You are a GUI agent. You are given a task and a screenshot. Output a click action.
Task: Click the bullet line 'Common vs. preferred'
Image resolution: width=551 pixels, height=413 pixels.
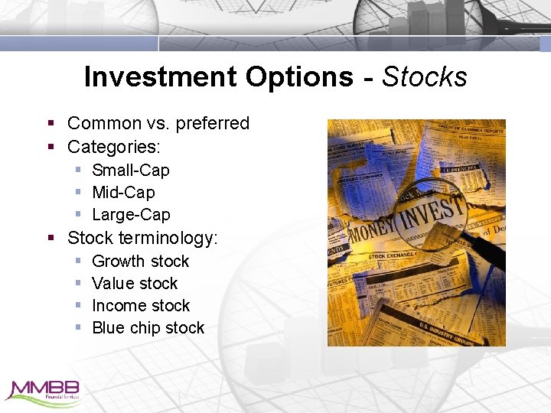158,123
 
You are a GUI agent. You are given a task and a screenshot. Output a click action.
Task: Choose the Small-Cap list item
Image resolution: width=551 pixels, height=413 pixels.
130,170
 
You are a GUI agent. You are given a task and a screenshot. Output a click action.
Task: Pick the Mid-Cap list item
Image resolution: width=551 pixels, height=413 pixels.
123,192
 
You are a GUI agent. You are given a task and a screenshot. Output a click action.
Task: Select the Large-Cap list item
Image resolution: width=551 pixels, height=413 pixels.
131,214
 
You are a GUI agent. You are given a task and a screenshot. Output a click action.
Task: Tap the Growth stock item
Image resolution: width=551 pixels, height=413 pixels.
140,261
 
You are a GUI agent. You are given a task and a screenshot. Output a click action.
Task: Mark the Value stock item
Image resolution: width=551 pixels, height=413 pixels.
135,283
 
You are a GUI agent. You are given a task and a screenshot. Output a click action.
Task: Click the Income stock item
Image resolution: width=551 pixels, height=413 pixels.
141,305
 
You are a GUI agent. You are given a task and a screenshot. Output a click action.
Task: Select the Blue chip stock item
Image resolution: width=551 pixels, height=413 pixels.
148,327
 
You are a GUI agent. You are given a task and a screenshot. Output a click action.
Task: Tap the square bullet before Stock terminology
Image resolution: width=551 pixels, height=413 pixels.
51,238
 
